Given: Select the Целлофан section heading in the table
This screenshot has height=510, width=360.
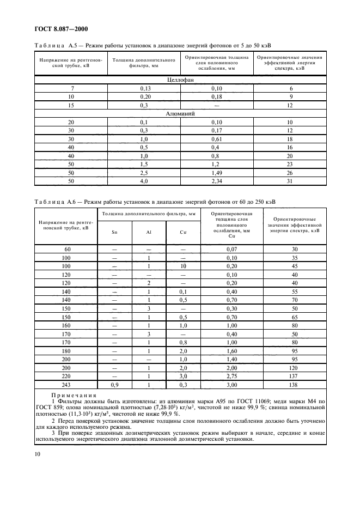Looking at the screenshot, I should click(180, 80).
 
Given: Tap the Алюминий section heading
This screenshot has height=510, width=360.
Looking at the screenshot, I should click(180, 114).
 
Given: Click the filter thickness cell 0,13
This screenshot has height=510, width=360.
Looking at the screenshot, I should click(145, 88).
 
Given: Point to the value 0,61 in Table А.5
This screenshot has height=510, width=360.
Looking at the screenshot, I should click(217, 139).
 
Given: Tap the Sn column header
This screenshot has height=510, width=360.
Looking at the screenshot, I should click(114, 232).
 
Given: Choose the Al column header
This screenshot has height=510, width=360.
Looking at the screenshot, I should click(149, 232).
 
